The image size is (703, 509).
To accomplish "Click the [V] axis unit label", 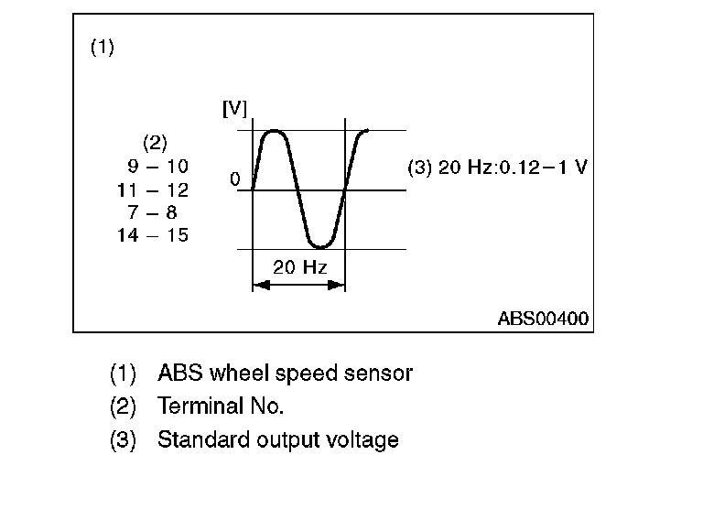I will tap(235, 109).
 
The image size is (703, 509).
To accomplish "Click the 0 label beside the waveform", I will tap(235, 180).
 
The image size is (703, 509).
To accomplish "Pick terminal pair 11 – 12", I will tap(154, 190).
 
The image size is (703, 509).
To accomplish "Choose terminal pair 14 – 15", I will tap(153, 235).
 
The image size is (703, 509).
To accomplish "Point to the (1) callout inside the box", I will tap(102, 48).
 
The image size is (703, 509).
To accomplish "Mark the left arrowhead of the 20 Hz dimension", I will tap(257, 286).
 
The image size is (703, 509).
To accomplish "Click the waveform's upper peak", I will tap(276, 132).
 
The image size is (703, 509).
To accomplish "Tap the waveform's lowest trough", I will tap(319, 245).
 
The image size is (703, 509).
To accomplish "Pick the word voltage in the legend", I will tap(362, 439).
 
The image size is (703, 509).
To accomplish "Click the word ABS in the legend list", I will tap(181, 374).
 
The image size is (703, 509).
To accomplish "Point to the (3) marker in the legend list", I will tap(123, 439).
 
